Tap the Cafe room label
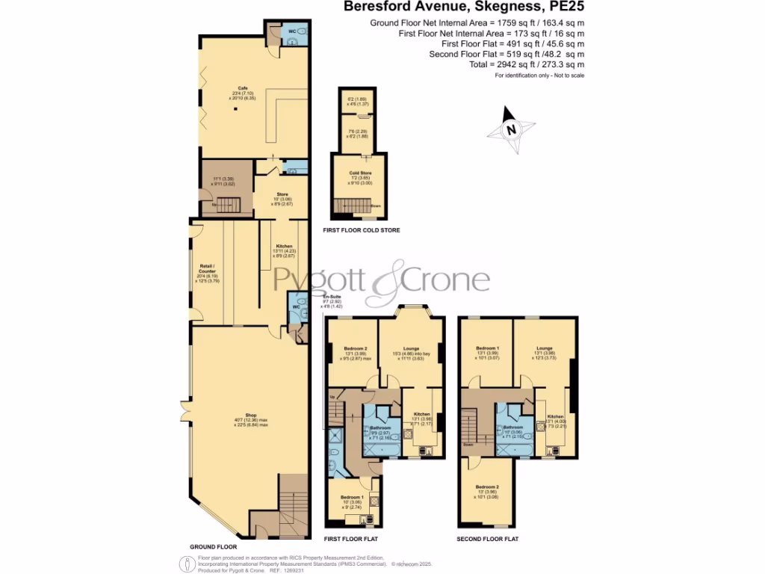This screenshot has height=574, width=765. pos(242,87)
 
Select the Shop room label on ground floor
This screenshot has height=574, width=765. pos(250,415)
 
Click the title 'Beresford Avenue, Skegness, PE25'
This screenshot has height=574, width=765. pos(464,7)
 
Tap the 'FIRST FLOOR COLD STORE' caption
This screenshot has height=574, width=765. pos(361,230)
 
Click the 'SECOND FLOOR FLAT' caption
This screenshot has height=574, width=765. pos(488,539)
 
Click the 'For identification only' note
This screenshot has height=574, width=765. pos(539,75)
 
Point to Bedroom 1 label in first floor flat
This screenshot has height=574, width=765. pos(353,497)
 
